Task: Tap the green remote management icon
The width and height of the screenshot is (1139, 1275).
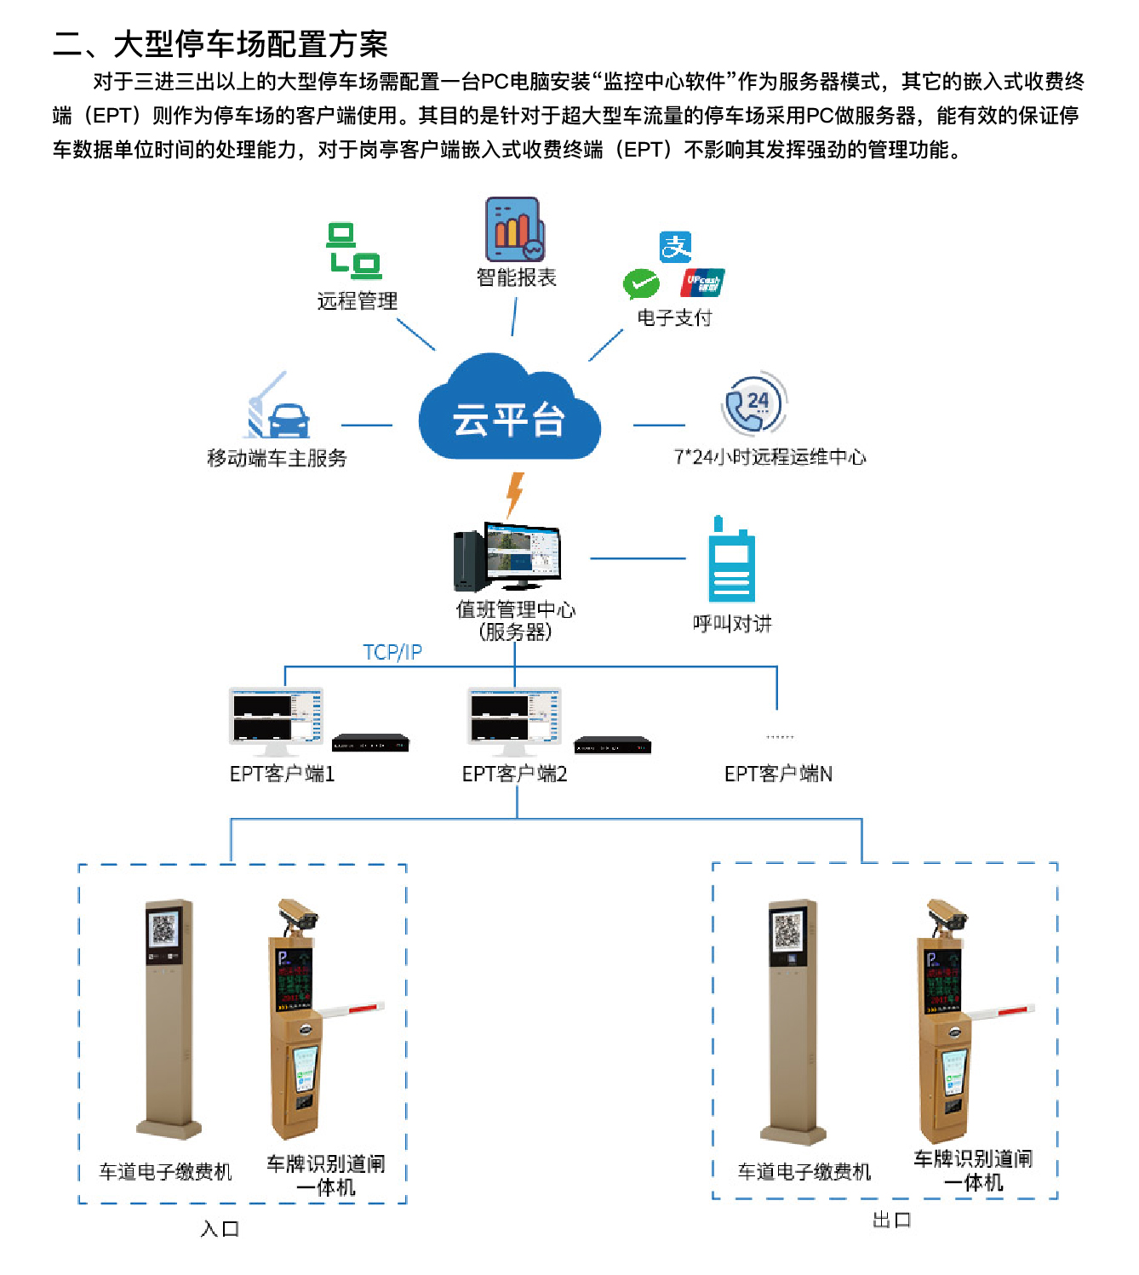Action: point(354,251)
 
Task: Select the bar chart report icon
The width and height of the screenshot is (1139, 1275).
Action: point(514,229)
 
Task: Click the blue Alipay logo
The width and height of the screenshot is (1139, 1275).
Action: point(675,247)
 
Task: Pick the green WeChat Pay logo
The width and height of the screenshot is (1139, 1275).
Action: point(641,283)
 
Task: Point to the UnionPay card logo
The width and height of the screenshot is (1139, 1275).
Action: point(703,282)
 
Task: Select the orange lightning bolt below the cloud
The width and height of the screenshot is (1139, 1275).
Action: point(514,495)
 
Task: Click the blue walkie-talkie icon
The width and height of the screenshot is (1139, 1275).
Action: point(731,561)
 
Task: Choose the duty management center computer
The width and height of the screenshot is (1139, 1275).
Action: point(508,557)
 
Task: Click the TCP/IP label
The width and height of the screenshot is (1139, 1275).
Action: point(392,652)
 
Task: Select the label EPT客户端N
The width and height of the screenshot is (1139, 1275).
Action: point(778,774)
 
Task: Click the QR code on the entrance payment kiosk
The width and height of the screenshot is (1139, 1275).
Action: point(163,929)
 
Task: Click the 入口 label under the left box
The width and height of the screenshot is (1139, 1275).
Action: point(220,1228)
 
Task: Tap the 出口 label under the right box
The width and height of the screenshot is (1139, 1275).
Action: point(891,1220)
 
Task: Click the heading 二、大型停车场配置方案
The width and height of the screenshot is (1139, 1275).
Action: point(220,43)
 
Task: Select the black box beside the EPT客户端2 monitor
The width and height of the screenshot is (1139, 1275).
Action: point(612,746)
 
